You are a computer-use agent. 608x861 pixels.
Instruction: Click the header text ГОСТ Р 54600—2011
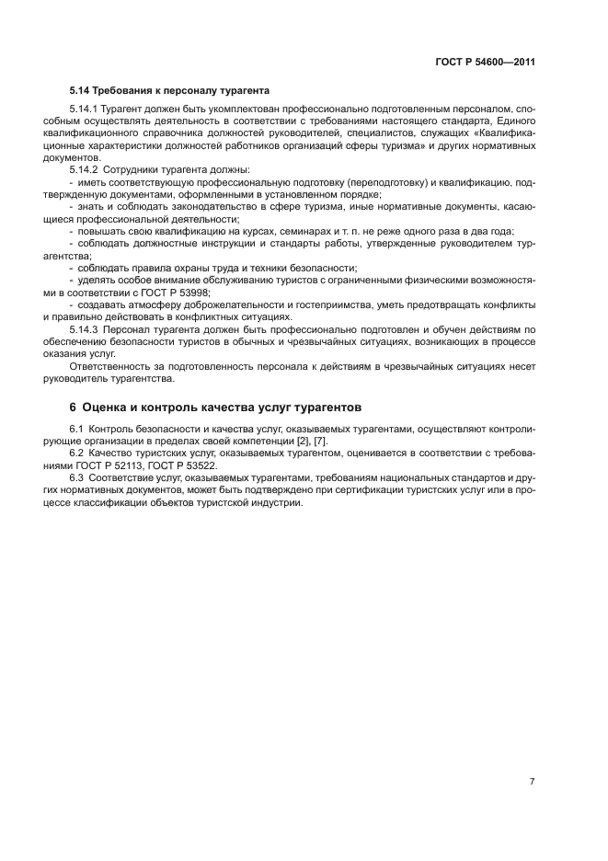485,63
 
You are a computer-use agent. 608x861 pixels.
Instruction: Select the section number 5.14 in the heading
81,91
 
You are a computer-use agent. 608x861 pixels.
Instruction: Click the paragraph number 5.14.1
84,109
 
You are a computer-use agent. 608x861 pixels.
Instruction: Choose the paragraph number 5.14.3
84,328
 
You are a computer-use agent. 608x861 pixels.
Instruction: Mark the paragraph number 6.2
76,453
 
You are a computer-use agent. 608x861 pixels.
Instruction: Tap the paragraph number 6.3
76,476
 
